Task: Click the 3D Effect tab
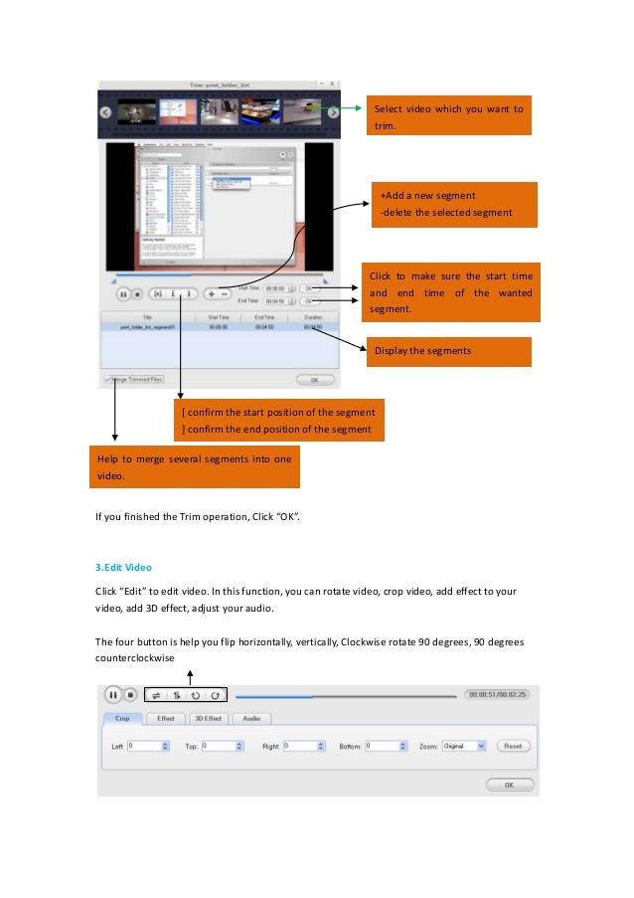pos(207,718)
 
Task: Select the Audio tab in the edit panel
pos(251,718)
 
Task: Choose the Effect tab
pos(165,718)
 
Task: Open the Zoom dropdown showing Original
pos(464,745)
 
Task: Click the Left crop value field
pos(144,745)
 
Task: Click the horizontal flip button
pos(156,695)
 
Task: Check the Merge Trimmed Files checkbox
pos(108,379)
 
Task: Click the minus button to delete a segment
pos(225,294)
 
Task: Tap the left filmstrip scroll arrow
pos(103,112)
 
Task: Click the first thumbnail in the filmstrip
pos(136,112)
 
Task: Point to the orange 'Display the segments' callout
pos(448,350)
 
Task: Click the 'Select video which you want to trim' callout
pos(447,116)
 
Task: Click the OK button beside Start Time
pos(310,287)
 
